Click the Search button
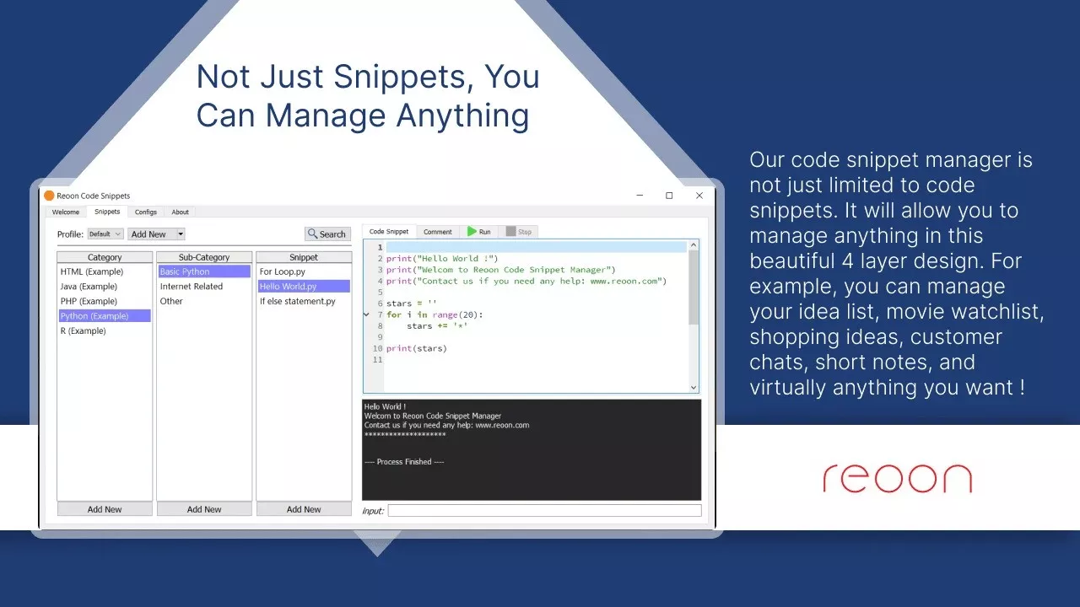click(x=327, y=234)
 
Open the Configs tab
click(x=146, y=212)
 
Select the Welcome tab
click(x=66, y=212)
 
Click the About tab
click(x=181, y=212)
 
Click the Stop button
click(x=519, y=232)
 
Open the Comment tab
click(x=438, y=232)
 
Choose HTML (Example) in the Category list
click(x=92, y=271)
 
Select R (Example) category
click(x=83, y=331)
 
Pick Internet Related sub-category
click(x=192, y=287)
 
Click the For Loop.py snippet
click(x=283, y=271)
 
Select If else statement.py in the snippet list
click(x=298, y=302)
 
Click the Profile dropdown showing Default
click(x=105, y=234)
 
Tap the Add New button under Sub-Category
click(x=204, y=509)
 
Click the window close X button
click(x=699, y=196)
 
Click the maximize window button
click(x=669, y=196)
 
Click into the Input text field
click(x=544, y=511)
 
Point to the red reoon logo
click(x=897, y=478)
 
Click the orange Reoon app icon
click(x=49, y=196)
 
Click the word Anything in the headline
click(x=462, y=116)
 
